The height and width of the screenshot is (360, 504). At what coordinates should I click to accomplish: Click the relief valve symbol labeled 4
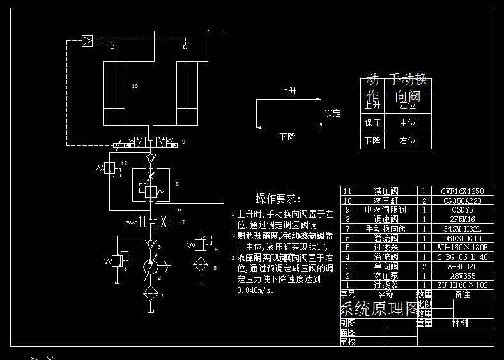(116, 260)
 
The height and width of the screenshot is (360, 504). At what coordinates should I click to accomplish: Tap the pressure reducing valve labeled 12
(109, 167)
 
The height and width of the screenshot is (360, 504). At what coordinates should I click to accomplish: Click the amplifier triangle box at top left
(87, 41)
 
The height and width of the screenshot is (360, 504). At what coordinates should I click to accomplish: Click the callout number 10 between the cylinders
(134, 86)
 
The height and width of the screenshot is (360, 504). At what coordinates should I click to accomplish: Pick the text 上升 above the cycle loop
(289, 91)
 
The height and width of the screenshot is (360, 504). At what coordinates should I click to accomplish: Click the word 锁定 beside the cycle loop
(333, 114)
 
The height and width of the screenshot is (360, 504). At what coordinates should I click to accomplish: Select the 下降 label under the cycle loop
(287, 137)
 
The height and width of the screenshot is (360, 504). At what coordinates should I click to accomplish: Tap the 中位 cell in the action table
(408, 123)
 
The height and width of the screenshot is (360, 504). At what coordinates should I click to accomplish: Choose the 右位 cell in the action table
(408, 140)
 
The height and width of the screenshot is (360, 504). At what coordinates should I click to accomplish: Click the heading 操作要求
(278, 199)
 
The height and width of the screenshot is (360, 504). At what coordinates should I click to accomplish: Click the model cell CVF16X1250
(462, 191)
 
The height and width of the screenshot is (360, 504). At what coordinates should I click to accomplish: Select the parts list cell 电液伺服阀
(385, 209)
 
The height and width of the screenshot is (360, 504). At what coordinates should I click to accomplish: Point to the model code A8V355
(462, 276)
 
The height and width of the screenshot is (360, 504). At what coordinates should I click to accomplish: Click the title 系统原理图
(378, 310)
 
